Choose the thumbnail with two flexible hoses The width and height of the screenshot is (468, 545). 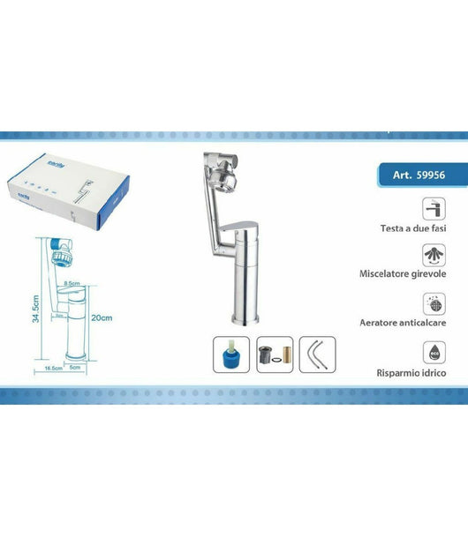click(x=318, y=355)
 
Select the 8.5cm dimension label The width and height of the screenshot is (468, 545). click(x=76, y=284)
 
